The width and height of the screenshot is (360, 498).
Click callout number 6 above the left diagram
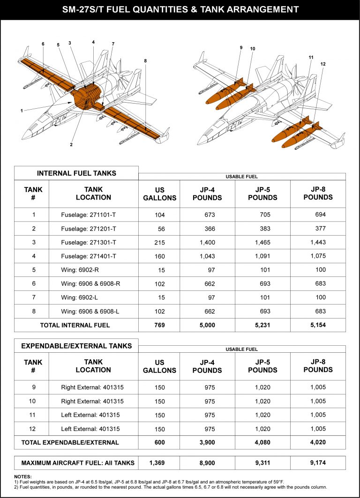pyautogui.click(x=43, y=44)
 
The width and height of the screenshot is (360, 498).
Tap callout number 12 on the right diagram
pyautogui.click(x=322, y=64)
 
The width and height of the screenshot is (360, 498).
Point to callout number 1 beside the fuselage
pyautogui.click(x=22, y=111)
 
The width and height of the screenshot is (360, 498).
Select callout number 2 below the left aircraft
pyautogui.click(x=71, y=145)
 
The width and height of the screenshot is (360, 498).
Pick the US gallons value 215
pyautogui.click(x=159, y=242)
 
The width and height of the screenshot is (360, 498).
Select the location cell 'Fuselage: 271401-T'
pyautogui.click(x=89, y=256)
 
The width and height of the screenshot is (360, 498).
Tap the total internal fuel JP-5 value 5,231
pyautogui.click(x=262, y=325)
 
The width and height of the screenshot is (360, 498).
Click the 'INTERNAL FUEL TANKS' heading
pyautogui.click(x=76, y=173)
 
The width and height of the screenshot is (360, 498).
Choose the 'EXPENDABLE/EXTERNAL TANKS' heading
pyautogui.click(x=76, y=346)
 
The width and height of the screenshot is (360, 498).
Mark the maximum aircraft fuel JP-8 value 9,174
pyautogui.click(x=318, y=463)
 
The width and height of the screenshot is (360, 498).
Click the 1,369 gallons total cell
pyautogui.click(x=159, y=463)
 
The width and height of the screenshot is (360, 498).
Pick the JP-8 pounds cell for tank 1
pyautogui.click(x=320, y=215)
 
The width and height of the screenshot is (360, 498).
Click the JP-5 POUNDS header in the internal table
pyautogui.click(x=262, y=193)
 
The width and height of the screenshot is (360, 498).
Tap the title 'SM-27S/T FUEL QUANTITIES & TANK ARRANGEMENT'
pyautogui.click(x=180, y=9)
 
